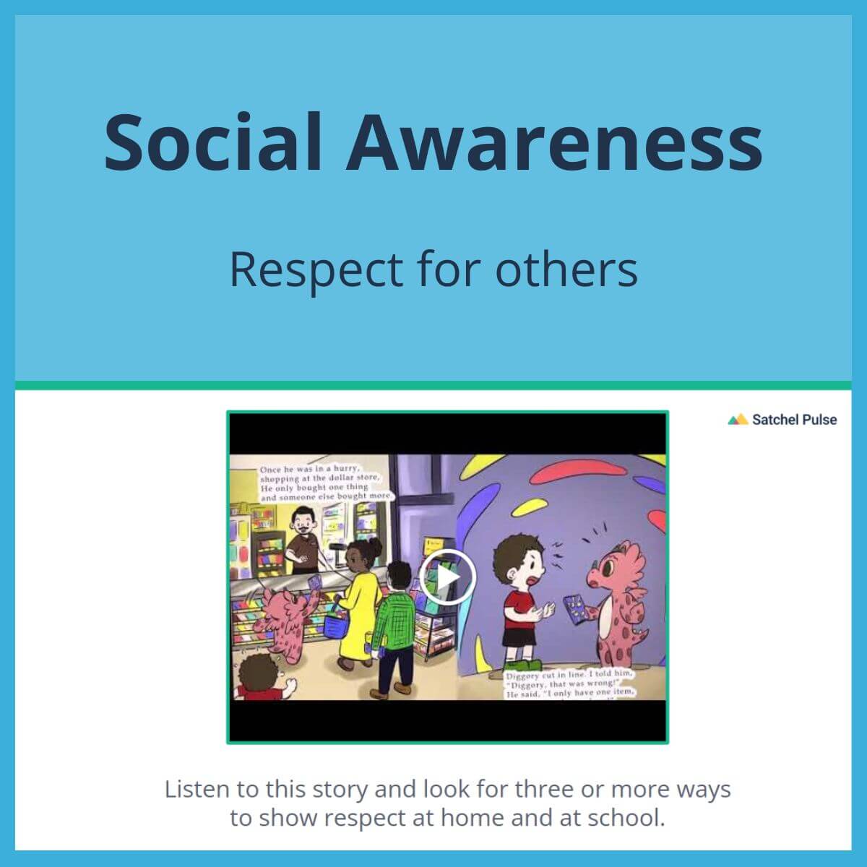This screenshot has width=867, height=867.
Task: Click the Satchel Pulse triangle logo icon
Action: [x=737, y=420]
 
